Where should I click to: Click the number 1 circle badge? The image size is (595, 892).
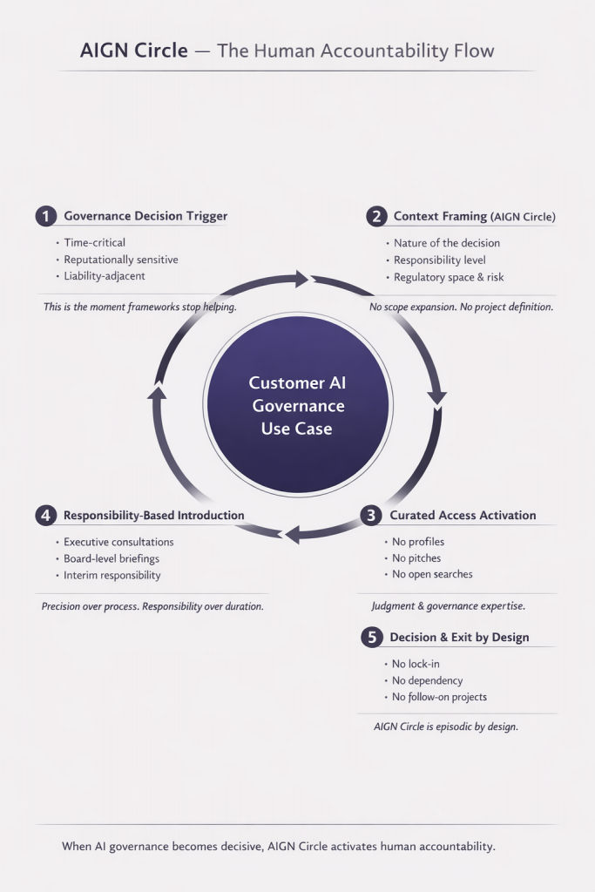46,216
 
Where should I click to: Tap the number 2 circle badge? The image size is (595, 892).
376,216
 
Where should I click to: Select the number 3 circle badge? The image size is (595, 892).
372,516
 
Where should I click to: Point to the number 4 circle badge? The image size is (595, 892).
46,516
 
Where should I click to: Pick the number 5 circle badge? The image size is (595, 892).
372,638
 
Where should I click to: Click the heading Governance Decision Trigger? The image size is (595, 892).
145,216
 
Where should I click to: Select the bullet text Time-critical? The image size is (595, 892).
95,243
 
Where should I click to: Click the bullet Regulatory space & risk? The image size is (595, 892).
449,277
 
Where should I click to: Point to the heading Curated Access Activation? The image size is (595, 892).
463,516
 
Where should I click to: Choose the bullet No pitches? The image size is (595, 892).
416,558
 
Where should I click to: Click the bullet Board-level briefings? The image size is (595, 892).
112,558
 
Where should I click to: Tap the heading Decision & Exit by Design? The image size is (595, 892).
459,638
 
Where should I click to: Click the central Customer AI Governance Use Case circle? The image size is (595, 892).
296,405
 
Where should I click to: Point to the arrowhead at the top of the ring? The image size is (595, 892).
301,279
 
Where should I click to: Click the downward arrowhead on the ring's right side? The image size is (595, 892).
436,399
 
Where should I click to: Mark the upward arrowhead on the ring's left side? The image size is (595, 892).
157,391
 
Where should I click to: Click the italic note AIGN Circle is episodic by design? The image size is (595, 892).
445,726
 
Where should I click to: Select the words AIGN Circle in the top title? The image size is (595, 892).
134,51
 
